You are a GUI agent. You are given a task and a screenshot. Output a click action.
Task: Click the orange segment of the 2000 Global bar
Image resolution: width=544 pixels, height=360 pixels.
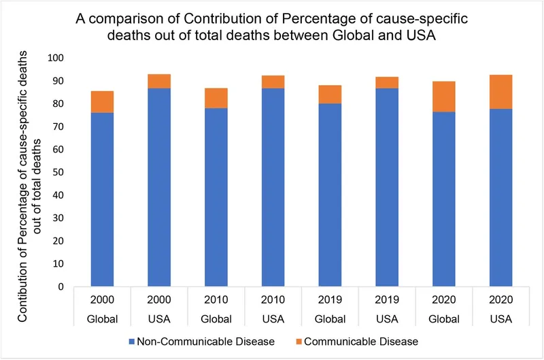pyautogui.click(x=103, y=101)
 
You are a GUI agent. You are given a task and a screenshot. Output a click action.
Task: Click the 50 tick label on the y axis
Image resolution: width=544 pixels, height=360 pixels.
pyautogui.click(x=63, y=172)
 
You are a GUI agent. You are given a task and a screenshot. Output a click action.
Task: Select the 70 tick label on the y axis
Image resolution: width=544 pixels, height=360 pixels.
pyautogui.click(x=63, y=127)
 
